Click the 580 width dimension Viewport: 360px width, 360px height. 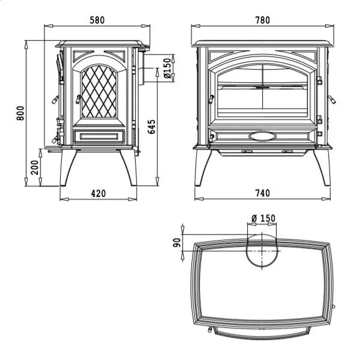pyautogui.click(x=97, y=20)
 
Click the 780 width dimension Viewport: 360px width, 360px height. pyautogui.click(x=262, y=20)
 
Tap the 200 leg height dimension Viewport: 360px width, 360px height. pyautogui.click(x=34, y=166)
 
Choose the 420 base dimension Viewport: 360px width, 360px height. pyautogui.click(x=98, y=193)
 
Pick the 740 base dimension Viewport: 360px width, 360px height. pyautogui.click(x=262, y=193)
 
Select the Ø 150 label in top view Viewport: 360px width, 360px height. pyautogui.click(x=263, y=218)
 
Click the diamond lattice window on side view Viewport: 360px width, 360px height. pyautogui.click(x=99, y=93)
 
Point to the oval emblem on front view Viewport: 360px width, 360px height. pyautogui.click(x=262, y=136)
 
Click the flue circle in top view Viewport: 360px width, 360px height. pyautogui.click(x=262, y=252)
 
